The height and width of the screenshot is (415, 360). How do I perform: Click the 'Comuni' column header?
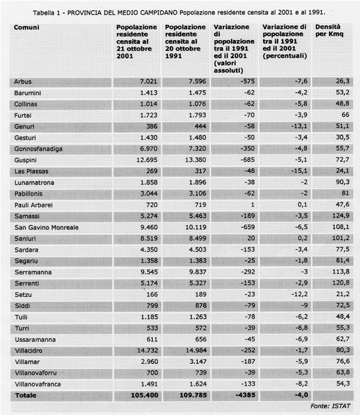[26, 28]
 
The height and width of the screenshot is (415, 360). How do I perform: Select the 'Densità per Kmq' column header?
[329, 30]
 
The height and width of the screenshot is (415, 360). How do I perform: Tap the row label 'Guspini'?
[25, 160]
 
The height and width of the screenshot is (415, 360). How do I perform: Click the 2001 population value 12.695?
[147, 160]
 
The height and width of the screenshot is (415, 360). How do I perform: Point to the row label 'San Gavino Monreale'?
[46, 227]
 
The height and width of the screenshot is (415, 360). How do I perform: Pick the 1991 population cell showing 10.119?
[195, 227]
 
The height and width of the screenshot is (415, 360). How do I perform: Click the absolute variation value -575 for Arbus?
[248, 81]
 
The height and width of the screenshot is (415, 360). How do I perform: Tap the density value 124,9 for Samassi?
[341, 216]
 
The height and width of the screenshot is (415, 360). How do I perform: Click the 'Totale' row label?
[26, 396]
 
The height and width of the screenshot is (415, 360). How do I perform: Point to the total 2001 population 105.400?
[145, 396]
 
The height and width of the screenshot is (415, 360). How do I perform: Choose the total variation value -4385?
[245, 395]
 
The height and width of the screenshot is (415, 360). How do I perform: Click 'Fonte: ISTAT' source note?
[330, 406]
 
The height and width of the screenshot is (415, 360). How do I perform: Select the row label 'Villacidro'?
[28, 350]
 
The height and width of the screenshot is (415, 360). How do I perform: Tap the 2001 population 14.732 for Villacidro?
[147, 350]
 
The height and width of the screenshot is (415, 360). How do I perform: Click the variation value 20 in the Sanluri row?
[251, 238]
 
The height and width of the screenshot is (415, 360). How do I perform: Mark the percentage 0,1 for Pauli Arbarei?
[303, 205]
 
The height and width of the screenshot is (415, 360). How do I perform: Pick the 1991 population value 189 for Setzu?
[201, 294]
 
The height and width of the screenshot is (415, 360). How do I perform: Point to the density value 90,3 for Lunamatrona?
[343, 182]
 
